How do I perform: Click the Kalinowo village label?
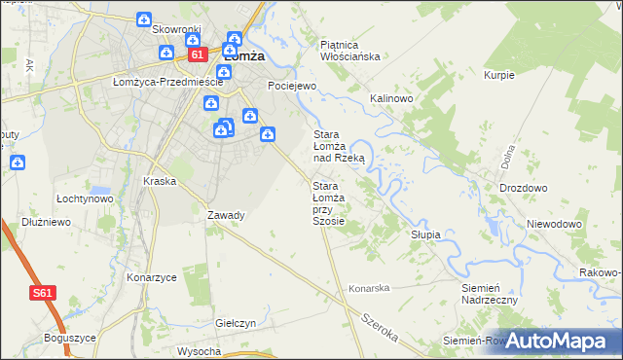pyautogui.click(x=392, y=99)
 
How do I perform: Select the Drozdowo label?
pyautogui.click(x=523, y=188)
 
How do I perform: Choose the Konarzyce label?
pyautogui.click(x=152, y=277)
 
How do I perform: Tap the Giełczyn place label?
pyautogui.click(x=236, y=322)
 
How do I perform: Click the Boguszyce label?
pyautogui.click(x=70, y=338)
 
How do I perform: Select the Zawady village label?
pyautogui.click(x=226, y=215)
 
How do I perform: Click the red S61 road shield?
pyautogui.click(x=42, y=292)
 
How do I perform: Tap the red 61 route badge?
pyautogui.click(x=198, y=55)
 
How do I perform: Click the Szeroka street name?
pyautogui.click(x=380, y=327)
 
